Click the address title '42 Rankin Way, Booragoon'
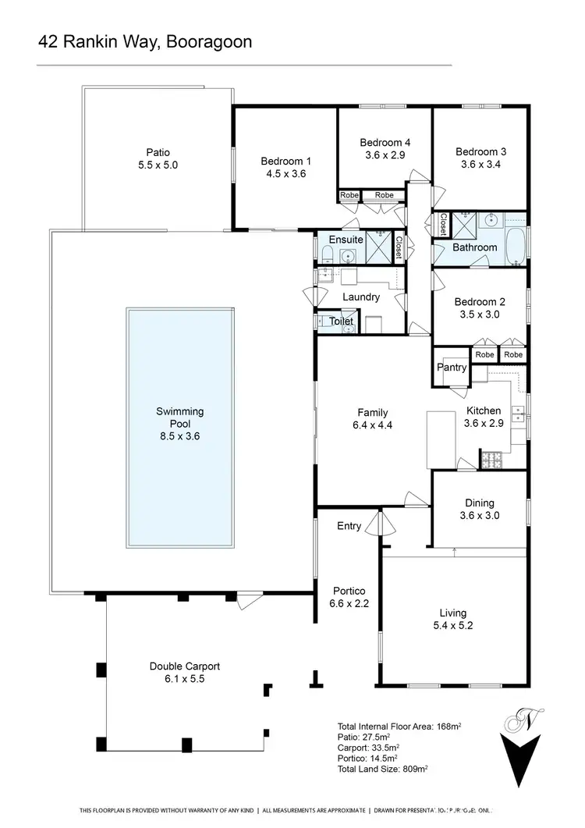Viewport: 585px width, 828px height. coord(145,41)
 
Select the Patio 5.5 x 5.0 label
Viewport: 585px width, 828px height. coord(158,159)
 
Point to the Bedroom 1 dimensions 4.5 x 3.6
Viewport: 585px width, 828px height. coord(286,174)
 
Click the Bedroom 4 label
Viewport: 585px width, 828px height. coord(385,142)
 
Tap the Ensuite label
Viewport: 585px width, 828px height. coord(346,240)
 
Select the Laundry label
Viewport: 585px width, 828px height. coord(361,297)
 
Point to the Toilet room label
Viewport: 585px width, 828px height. coord(342,321)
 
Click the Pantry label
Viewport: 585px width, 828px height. coord(452,367)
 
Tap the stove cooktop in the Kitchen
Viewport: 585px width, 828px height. coord(491,460)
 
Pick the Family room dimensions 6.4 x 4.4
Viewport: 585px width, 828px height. coord(372,426)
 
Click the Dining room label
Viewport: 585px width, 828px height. coord(480,503)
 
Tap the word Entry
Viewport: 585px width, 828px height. coord(349,526)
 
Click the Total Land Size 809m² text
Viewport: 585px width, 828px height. coord(382,767)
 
